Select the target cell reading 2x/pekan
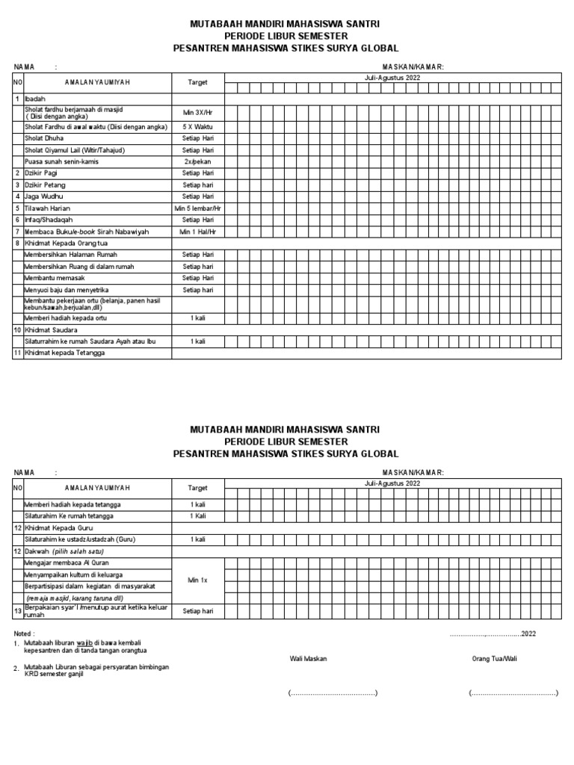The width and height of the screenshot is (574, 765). click(198, 161)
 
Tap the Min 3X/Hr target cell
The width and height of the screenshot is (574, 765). click(198, 112)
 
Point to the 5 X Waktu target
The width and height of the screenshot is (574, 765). click(198, 127)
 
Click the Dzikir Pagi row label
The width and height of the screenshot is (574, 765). click(42, 173)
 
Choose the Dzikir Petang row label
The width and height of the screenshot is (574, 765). click(44, 185)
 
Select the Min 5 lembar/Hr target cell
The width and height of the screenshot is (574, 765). click(198, 208)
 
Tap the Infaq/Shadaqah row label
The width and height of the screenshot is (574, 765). click(51, 220)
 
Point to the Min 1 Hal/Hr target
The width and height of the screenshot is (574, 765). click(198, 232)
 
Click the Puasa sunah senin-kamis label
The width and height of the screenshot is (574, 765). click(61, 161)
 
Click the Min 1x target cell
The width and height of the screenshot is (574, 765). click(198, 580)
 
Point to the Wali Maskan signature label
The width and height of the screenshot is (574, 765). click(309, 658)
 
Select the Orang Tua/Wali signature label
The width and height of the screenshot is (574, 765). click(494, 658)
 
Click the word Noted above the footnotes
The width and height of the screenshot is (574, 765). click(25, 633)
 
